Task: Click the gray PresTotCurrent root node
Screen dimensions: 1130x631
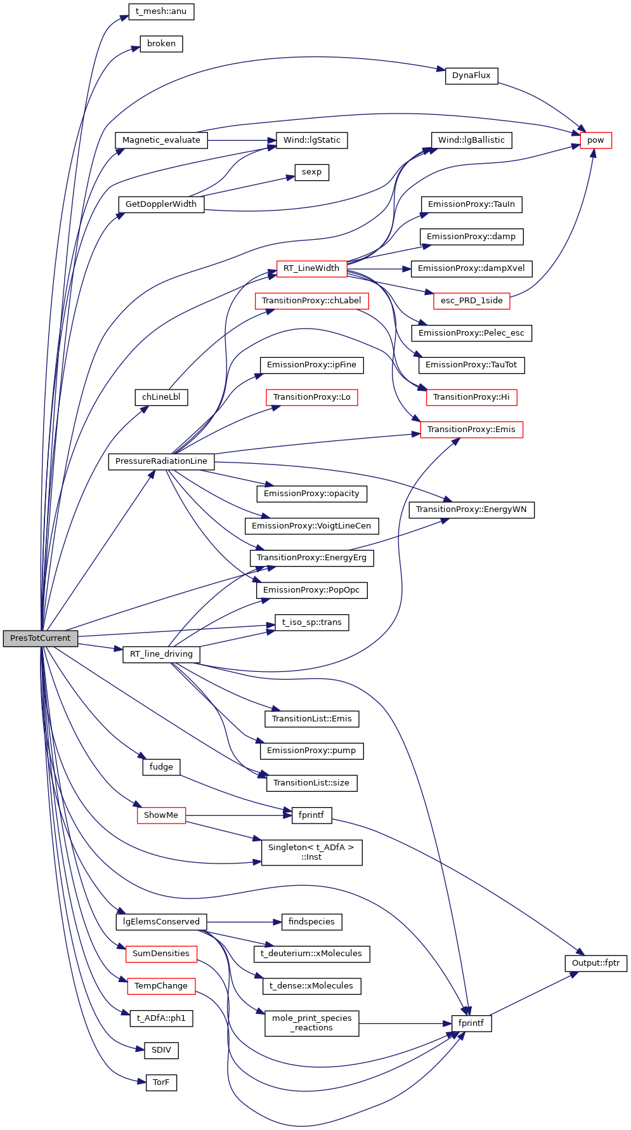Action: (41, 638)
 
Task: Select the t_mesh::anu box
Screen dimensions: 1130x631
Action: (161, 11)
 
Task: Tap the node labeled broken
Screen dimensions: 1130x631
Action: (161, 44)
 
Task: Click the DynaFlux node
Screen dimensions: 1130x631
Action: (471, 76)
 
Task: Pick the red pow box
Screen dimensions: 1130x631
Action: (595, 140)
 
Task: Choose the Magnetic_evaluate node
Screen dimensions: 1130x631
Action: (161, 140)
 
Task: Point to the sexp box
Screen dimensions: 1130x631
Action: (311, 172)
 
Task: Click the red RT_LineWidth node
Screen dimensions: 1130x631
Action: (311, 268)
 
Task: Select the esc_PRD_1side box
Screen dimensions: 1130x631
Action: (471, 301)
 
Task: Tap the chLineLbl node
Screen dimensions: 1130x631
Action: (161, 397)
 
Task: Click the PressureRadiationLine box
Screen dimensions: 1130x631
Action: (161, 461)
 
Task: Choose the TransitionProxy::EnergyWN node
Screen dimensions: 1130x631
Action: (471, 509)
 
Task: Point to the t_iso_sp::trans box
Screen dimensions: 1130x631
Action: (311, 622)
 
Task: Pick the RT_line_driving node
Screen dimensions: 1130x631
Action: (161, 654)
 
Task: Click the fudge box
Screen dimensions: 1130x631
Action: (161, 767)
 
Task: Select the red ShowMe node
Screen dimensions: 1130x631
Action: (161, 815)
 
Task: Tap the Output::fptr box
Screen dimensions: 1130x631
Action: (595, 963)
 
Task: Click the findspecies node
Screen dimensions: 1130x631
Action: (311, 922)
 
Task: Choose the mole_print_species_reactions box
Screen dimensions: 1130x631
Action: (311, 1023)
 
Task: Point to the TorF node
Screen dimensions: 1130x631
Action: (161, 1082)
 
